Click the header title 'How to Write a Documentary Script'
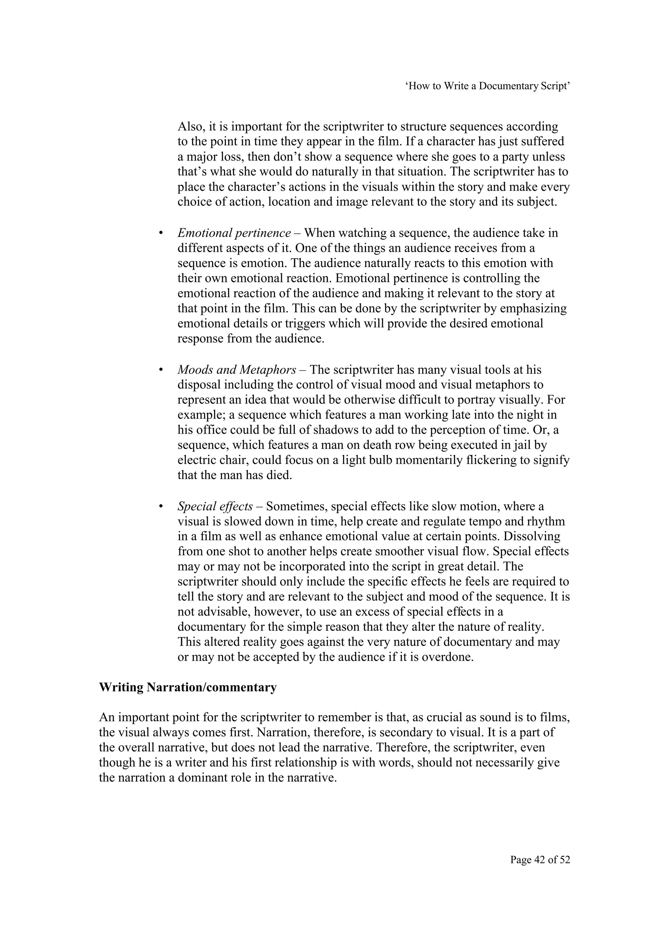pos(488,86)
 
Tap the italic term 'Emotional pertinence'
pos(234,233)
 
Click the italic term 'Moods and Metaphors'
pos(236,370)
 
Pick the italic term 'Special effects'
pos(215,506)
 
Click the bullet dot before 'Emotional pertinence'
pos(161,233)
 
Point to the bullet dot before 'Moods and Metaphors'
pos(161,370)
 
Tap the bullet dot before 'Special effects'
pos(161,506)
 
